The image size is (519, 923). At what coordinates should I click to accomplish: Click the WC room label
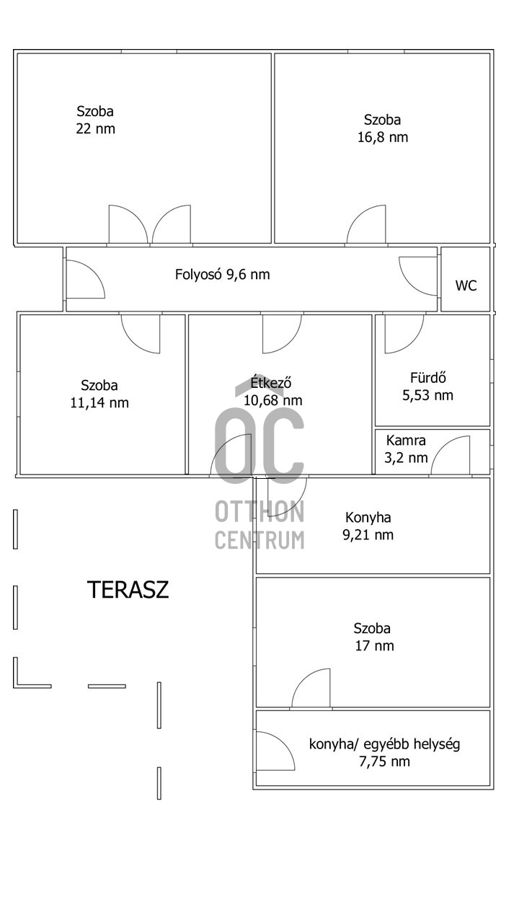(x=466, y=286)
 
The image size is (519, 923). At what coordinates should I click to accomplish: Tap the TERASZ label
(x=128, y=590)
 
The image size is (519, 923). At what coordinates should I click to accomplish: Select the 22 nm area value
(x=96, y=128)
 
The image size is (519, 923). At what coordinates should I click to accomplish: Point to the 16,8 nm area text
(x=383, y=137)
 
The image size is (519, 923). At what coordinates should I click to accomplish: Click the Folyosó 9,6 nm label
(x=223, y=275)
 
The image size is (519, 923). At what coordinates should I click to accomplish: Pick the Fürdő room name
(x=428, y=377)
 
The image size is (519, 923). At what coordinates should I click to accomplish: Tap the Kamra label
(x=406, y=441)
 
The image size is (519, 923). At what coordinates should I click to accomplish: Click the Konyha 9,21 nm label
(x=368, y=526)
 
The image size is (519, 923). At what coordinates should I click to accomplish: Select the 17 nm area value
(x=374, y=645)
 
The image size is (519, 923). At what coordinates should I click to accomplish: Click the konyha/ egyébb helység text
(x=384, y=744)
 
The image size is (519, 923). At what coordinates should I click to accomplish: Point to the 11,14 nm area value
(x=99, y=402)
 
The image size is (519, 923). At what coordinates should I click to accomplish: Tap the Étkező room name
(x=271, y=382)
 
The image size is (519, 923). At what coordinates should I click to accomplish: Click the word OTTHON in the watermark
(x=259, y=512)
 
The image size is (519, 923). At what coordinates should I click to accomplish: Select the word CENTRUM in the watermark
(x=259, y=539)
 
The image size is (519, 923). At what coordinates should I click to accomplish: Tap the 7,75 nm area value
(x=384, y=761)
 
